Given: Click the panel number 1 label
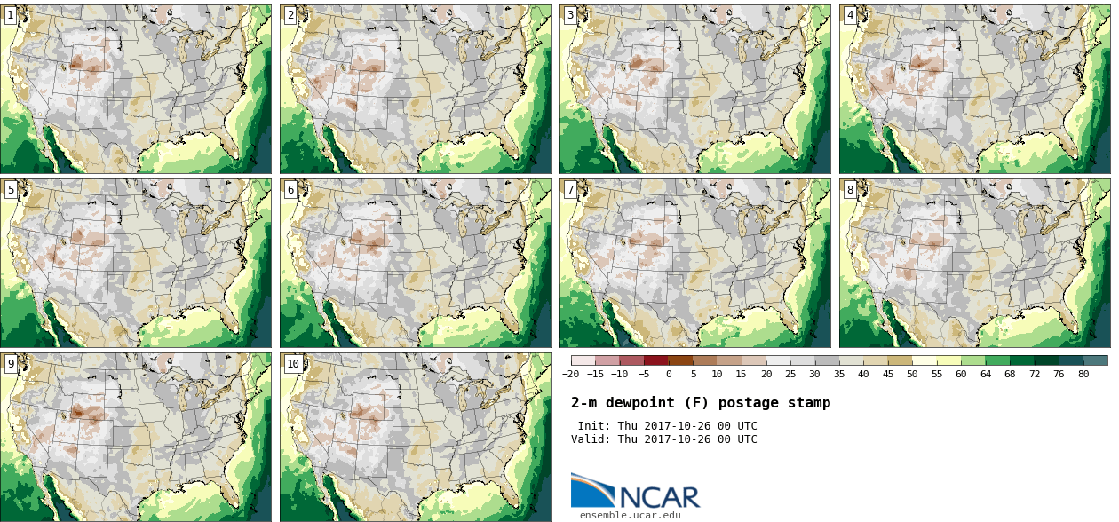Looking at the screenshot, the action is pyautogui.click(x=11, y=15).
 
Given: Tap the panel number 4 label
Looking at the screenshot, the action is pyautogui.click(x=850, y=15).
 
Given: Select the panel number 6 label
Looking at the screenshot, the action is pyautogui.click(x=290, y=190).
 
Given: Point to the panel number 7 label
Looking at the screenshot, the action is pyautogui.click(x=570, y=190).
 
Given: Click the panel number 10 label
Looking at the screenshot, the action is pyautogui.click(x=293, y=364).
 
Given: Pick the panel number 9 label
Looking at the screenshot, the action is pyautogui.click(x=11, y=364).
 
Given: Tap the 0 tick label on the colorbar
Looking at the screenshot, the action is pyautogui.click(x=669, y=374).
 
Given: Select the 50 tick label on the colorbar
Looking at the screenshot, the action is pyautogui.click(x=912, y=374).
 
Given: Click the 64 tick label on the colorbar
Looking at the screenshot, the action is pyautogui.click(x=985, y=374).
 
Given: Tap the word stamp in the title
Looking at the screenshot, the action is pyautogui.click(x=809, y=403).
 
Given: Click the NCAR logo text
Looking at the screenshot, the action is pyautogui.click(x=660, y=497).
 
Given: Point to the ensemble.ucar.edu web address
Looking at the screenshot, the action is pyautogui.click(x=630, y=515).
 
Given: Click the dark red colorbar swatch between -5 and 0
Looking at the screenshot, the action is pyautogui.click(x=656, y=360).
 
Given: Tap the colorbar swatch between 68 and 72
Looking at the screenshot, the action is pyautogui.click(x=1022, y=360).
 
